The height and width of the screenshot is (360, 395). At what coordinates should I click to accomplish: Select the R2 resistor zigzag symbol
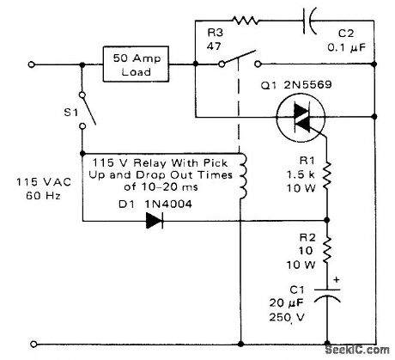click(x=327, y=250)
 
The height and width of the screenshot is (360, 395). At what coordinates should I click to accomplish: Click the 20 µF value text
click(x=289, y=304)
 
